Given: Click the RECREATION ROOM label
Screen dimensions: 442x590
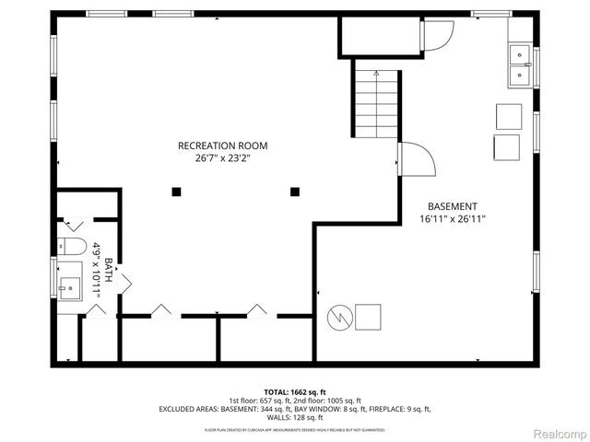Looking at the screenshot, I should click(222, 145).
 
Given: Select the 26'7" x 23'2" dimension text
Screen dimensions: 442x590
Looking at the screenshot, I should click(222, 158).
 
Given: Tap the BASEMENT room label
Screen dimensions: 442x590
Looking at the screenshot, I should click(452, 206).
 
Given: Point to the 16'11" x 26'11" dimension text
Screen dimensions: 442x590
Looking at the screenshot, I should click(452, 219).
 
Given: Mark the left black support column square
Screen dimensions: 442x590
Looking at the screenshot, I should click(176, 192).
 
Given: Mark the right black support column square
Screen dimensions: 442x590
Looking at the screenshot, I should click(295, 192).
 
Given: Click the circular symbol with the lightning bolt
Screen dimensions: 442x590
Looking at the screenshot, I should click(339, 317).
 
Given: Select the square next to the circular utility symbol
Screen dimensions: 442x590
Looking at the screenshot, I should click(369, 316).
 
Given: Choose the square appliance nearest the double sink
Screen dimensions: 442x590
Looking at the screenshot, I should click(508, 116).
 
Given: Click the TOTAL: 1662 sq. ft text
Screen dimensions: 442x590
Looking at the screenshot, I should click(294, 391).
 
